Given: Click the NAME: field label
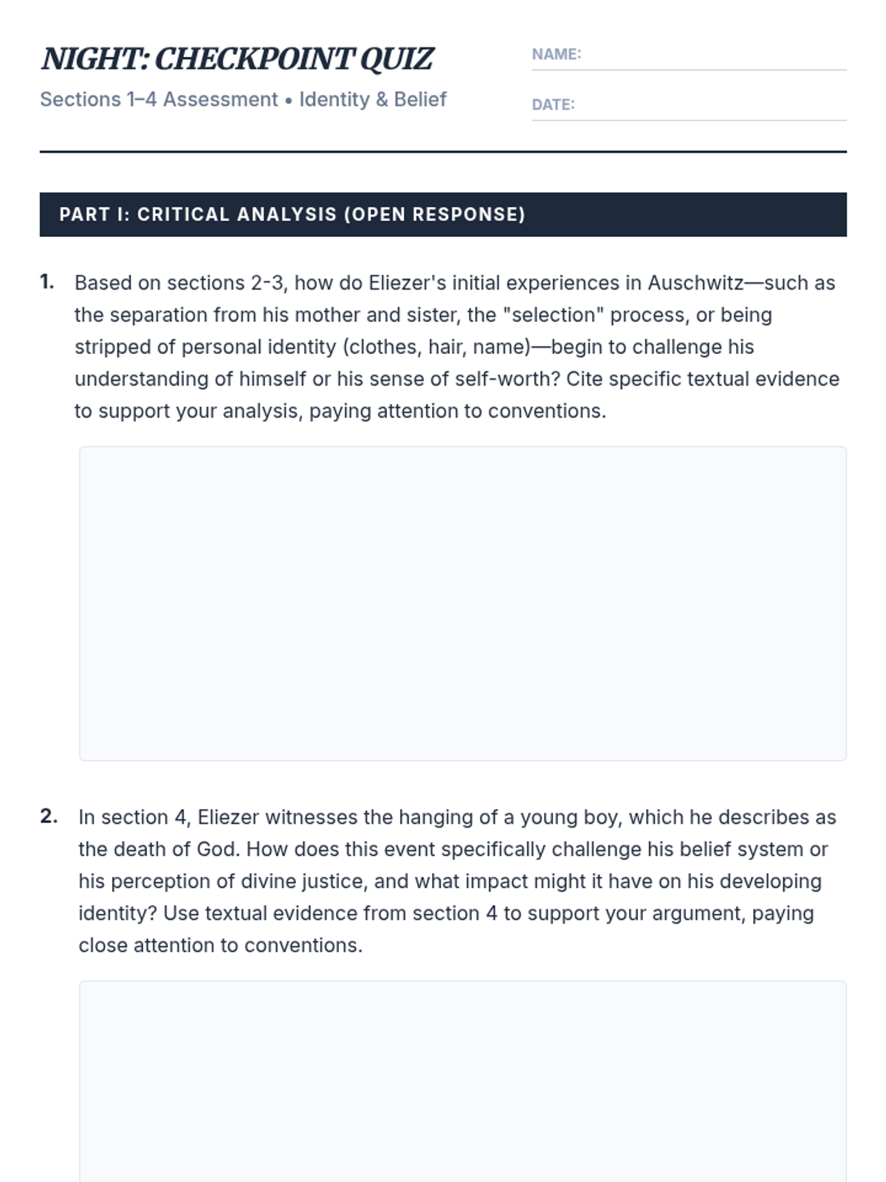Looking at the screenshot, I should point(556,54).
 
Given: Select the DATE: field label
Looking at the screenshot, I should point(553,104).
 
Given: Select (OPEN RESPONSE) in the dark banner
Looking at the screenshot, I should point(434,214).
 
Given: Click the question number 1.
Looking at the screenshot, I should point(47,282).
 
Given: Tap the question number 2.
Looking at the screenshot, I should point(49,816).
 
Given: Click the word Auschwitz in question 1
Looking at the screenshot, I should point(696,283).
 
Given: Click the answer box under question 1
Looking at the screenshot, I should point(462,603).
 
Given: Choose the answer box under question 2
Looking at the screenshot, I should point(462,1082).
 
